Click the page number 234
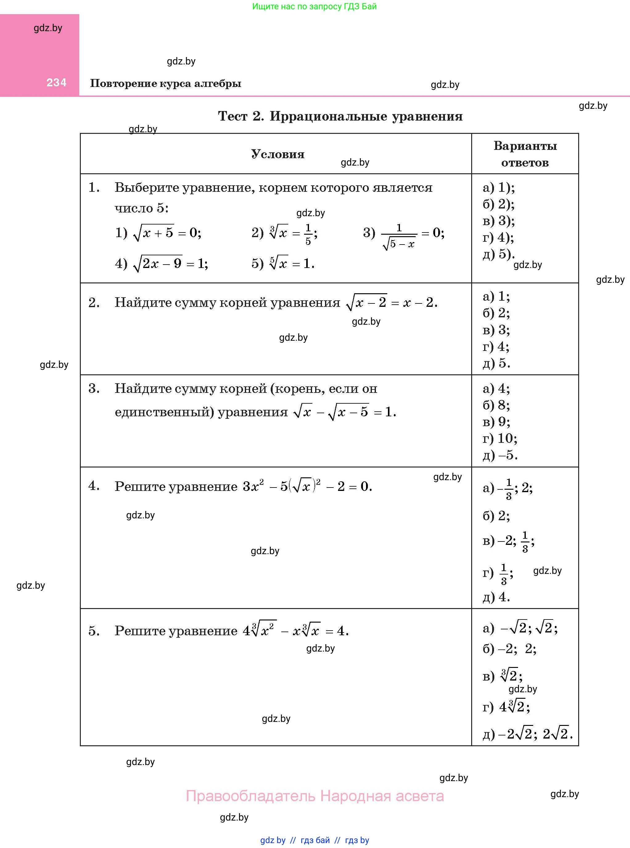point(56,82)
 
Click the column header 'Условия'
point(278,154)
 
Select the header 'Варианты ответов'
point(525,154)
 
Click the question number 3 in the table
point(94,389)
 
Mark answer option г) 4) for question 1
point(498,237)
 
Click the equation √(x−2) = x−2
point(391,303)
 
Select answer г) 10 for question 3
point(500,438)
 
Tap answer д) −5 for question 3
point(500,455)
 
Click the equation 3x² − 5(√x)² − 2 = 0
point(307,487)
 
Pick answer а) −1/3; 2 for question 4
point(508,488)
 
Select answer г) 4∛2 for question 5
point(506,707)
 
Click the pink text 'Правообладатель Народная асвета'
point(315,796)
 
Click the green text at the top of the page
point(314,6)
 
